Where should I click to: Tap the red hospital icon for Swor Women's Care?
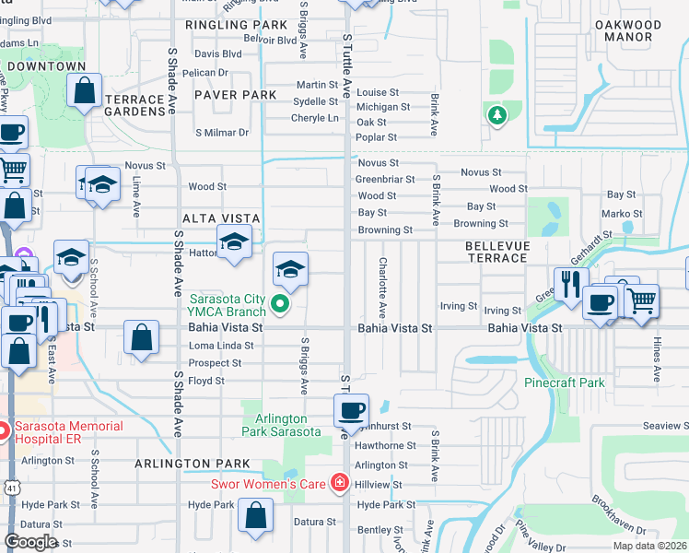[340, 483]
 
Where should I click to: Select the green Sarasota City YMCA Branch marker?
[284, 300]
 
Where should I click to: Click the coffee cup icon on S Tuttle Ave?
[351, 410]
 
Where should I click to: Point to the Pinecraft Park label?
[565, 382]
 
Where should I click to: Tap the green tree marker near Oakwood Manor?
[497, 115]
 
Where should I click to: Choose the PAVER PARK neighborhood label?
[235, 95]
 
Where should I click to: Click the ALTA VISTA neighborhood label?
[221, 218]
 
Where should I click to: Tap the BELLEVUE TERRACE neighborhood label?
[496, 252]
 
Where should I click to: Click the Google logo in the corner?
[30, 542]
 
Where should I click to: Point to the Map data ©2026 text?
[650, 546]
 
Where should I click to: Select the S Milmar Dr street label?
[222, 133]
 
